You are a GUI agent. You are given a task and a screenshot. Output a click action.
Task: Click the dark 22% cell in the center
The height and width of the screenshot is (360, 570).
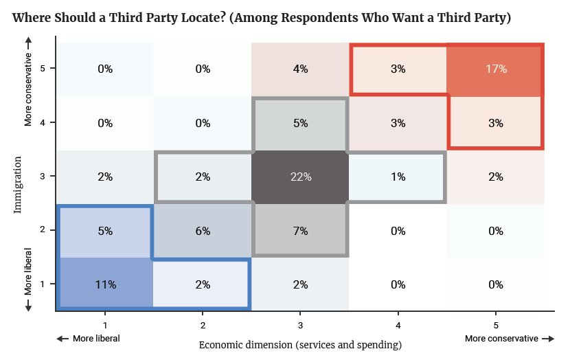click(x=300, y=177)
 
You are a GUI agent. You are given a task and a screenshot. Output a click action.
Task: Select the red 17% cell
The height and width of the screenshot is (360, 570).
click(x=495, y=69)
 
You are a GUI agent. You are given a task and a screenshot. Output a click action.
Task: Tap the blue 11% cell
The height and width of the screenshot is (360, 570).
click(x=105, y=284)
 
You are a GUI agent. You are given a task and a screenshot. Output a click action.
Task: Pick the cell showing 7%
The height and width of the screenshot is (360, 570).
click(x=300, y=231)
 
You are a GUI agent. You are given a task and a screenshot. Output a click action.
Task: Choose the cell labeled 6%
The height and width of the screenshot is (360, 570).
click(x=203, y=231)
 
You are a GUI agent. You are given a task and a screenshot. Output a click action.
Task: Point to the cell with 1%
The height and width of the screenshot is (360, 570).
click(x=398, y=177)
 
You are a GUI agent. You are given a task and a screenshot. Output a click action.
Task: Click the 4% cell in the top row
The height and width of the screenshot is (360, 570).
click(x=300, y=69)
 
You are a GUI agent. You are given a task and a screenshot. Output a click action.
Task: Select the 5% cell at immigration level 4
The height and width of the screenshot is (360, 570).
click(x=300, y=123)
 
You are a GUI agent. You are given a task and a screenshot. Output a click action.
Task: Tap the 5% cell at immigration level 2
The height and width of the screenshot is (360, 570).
click(x=105, y=231)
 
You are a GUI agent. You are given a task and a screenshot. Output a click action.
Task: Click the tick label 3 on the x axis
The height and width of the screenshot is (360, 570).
click(x=300, y=324)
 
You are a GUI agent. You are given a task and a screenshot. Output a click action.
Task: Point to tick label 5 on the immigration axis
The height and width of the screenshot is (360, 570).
click(x=43, y=69)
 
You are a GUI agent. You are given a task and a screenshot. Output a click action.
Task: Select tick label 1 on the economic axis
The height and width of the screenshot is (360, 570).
click(x=105, y=324)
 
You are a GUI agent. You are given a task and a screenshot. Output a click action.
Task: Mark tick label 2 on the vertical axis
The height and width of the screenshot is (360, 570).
click(x=43, y=231)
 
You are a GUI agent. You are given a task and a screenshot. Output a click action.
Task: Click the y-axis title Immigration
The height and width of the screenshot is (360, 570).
click(x=18, y=184)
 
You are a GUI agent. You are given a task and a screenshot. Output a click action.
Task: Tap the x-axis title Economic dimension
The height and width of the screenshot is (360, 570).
click(x=300, y=344)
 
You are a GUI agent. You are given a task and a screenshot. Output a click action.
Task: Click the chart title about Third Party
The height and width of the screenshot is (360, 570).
click(x=262, y=18)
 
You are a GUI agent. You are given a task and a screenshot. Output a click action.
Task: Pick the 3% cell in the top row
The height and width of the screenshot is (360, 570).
click(x=398, y=69)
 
